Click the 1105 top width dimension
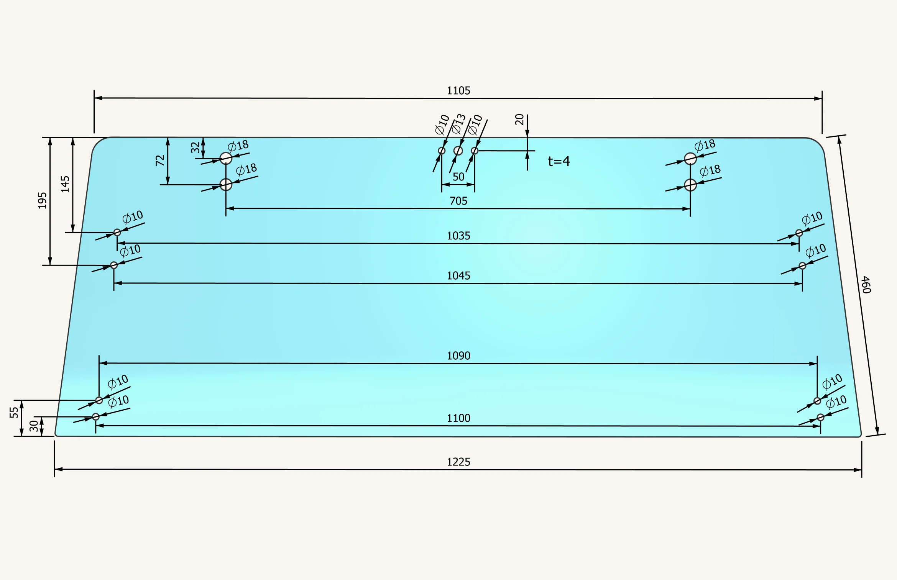458,91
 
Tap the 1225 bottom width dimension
458,462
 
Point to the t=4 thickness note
559,161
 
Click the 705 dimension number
458,201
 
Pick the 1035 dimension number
458,236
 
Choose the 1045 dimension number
458,276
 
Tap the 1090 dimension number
458,356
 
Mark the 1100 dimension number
458,418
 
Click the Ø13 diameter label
458,124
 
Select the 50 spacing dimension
458,177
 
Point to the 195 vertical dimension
42,201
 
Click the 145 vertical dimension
65,184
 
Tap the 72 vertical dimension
160,161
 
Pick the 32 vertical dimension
195,147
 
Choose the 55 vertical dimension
14,413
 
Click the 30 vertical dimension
34,426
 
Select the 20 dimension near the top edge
519,120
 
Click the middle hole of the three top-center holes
458,151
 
